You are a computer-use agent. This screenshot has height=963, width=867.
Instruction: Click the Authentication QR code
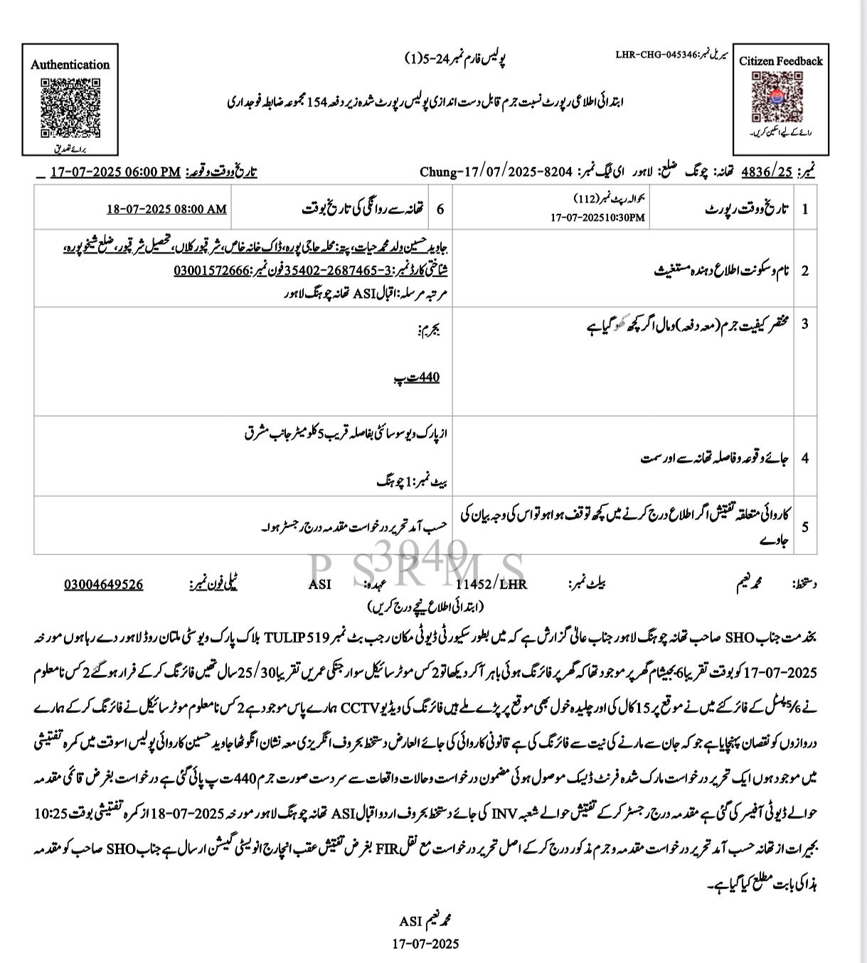click(70, 107)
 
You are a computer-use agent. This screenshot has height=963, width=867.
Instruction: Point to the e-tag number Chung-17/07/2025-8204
click(496, 172)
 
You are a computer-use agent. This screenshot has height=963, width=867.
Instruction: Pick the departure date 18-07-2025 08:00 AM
click(166, 209)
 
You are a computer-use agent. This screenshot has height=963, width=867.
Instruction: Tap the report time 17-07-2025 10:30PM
click(597, 217)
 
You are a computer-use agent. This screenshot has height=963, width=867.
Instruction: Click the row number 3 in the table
click(804, 324)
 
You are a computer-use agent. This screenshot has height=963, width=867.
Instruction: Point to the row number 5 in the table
click(804, 527)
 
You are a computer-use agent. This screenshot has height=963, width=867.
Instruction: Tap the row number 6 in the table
click(440, 209)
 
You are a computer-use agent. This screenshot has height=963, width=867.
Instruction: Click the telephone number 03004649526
click(103, 584)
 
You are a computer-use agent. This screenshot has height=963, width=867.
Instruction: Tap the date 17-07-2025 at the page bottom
click(425, 944)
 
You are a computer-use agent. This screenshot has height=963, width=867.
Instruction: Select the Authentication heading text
click(70, 65)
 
